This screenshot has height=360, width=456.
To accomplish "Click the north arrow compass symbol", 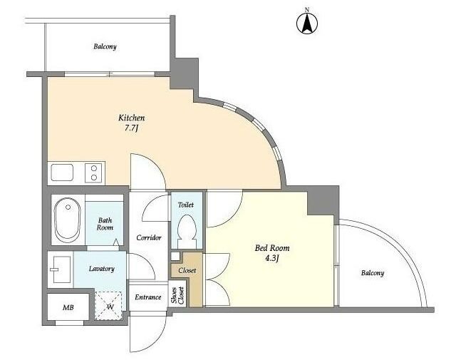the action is [307, 24].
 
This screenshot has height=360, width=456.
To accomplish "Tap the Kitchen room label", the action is [131, 118].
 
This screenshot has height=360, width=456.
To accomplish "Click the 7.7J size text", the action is [131, 128].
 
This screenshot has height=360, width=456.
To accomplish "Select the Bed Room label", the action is [272, 248].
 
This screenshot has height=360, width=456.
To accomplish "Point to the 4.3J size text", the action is [272, 258].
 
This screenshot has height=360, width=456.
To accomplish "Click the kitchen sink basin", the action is [62, 173].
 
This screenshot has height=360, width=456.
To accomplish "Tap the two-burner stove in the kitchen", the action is [93, 173].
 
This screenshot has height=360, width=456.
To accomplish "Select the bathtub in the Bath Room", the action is [68, 220].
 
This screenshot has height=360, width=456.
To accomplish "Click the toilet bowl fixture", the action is [187, 231].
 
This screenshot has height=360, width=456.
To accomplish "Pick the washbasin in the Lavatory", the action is [60, 269].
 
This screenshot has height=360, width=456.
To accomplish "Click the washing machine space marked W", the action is [109, 305].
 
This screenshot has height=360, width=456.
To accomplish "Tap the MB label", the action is [68, 308].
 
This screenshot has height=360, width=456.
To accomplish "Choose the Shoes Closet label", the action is [177, 296].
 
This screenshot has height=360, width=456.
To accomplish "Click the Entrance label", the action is [148, 297].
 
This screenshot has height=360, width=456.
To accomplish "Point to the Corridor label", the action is [149, 238].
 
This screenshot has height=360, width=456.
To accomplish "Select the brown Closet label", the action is [187, 271].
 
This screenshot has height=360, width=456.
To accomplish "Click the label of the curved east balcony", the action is [373, 273].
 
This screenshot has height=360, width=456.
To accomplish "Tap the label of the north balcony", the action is [105, 46].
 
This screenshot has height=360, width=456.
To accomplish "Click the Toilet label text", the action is [186, 205].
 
